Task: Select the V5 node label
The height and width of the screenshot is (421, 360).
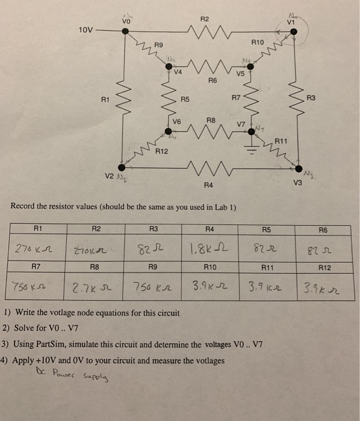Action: pos(240,75)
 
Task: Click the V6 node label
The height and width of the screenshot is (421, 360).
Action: pos(176,121)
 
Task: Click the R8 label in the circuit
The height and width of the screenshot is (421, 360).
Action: pos(211,120)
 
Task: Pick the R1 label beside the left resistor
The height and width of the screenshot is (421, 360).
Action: pos(106,97)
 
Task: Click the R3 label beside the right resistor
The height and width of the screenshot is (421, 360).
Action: pos(311,97)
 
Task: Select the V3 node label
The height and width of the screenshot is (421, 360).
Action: pos(297,181)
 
